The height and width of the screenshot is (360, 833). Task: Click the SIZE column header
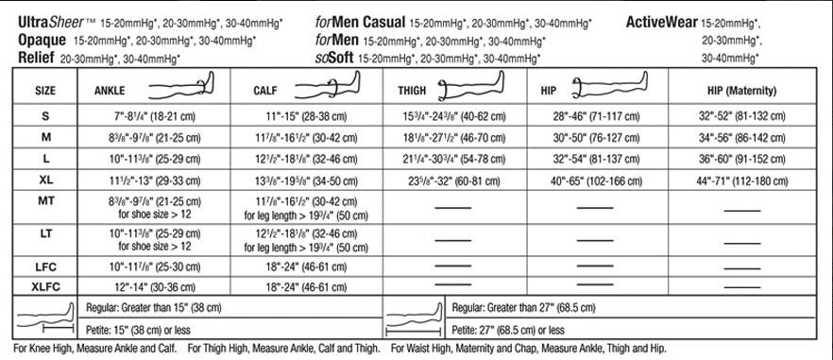(44, 91)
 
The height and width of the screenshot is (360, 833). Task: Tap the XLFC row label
(44, 283)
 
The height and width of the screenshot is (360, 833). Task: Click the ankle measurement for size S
(155, 115)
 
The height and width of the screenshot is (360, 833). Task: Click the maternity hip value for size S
(740, 115)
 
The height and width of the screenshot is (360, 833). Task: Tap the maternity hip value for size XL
(740, 177)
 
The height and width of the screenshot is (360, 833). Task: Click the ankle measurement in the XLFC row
(155, 283)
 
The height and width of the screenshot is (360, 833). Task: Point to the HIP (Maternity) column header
(741, 91)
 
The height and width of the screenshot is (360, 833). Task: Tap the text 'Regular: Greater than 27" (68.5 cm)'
(526, 307)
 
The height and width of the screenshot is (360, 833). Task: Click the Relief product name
(36, 58)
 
